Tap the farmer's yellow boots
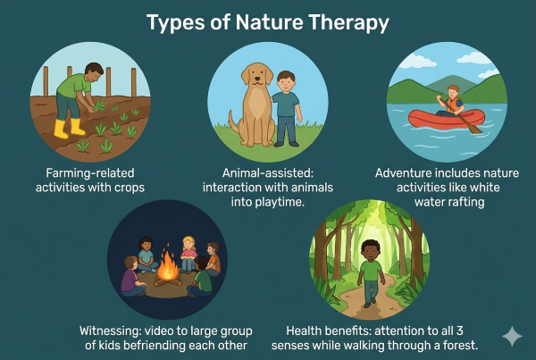63,128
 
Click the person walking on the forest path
368,270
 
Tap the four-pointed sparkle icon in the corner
512,336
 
